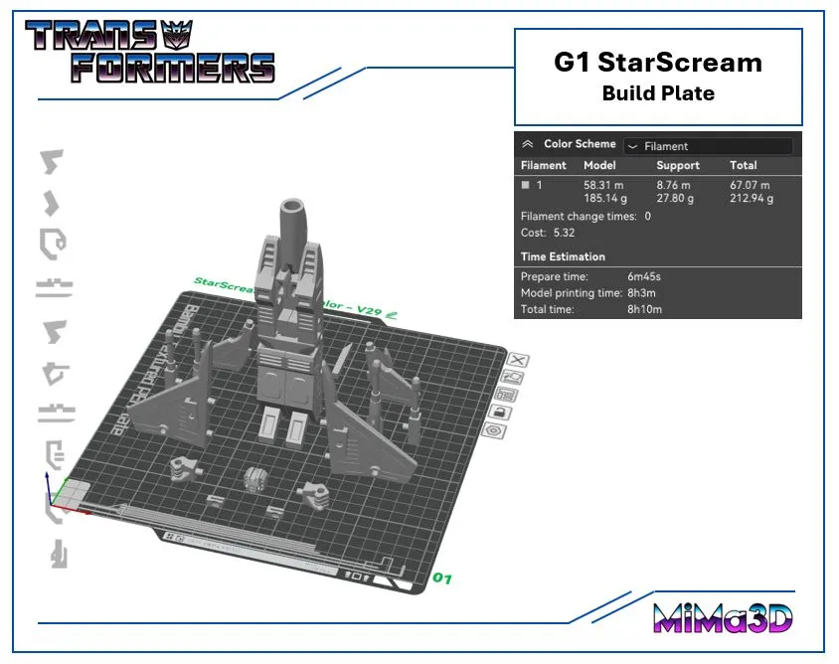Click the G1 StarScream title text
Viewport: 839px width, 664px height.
click(x=658, y=63)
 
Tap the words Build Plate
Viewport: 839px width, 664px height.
click(x=658, y=93)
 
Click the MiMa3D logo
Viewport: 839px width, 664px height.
click(x=723, y=617)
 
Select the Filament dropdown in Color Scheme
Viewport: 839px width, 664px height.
click(x=708, y=145)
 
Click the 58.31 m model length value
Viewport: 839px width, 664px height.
click(x=604, y=185)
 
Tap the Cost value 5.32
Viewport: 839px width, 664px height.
click(x=564, y=233)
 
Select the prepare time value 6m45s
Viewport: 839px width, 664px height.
click(x=644, y=276)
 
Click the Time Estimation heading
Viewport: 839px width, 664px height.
click(x=563, y=256)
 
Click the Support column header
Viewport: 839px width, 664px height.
click(x=678, y=165)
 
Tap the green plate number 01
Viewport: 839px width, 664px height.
click(x=442, y=578)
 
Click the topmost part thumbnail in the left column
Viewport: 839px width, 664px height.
click(x=51, y=161)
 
